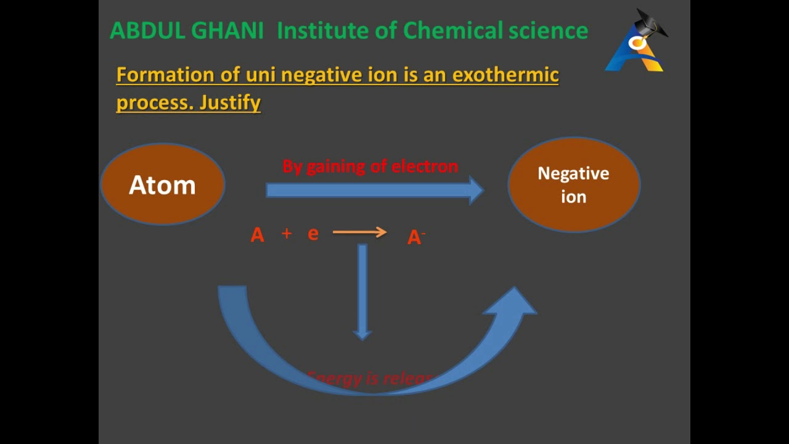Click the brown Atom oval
coord(162,184)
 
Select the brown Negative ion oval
coord(573,184)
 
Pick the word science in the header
coord(548,31)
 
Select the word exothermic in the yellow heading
coord(505,75)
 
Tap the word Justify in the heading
coord(229,102)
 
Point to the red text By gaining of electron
coord(370,166)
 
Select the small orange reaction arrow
coord(359,232)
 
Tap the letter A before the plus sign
coord(257,235)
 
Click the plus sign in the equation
coord(287,233)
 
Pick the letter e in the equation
coord(313,234)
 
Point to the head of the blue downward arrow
coord(362,334)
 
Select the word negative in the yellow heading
coord(319,75)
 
